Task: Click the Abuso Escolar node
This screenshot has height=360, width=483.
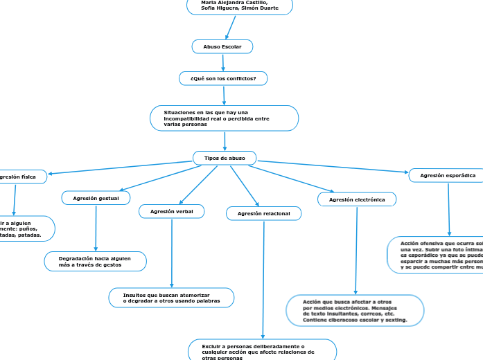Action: (x=222, y=46)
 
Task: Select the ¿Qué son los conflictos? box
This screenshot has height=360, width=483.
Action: (x=223, y=78)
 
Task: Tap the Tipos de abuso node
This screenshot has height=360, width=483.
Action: (x=225, y=159)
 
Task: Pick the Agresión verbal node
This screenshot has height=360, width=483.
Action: (x=171, y=211)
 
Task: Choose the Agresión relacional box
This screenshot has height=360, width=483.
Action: (x=263, y=214)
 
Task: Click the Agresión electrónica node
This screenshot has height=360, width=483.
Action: (x=357, y=199)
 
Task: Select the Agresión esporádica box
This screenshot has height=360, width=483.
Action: (x=447, y=176)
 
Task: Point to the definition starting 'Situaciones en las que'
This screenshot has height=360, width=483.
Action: (x=224, y=118)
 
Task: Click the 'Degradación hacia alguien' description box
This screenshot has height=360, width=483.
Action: (x=96, y=261)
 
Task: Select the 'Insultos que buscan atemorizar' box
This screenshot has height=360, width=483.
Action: (x=171, y=298)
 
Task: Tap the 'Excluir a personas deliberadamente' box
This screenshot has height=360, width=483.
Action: (x=262, y=350)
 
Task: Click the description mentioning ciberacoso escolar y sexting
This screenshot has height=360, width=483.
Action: (x=355, y=311)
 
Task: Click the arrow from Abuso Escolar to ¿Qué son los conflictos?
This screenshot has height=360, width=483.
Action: (x=222, y=62)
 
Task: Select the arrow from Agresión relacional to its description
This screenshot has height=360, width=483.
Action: (x=263, y=277)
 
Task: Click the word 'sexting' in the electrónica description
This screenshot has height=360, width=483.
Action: (x=395, y=321)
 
